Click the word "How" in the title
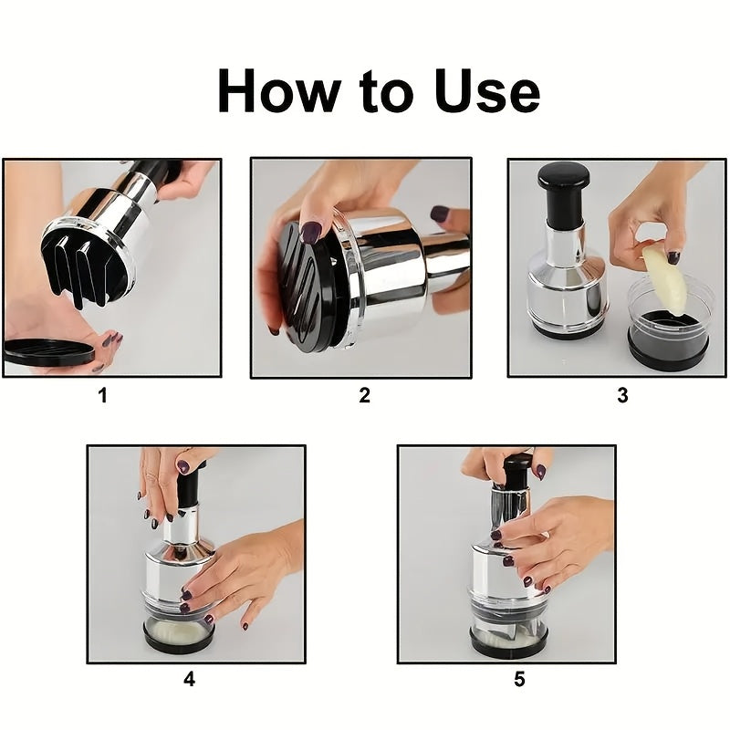tap(272, 91)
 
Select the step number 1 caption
tap(102, 395)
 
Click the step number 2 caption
tap(364, 395)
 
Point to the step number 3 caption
tap(622, 395)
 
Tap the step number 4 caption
tap(189, 680)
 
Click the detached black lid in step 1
tap(46, 349)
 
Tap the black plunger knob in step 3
tap(563, 178)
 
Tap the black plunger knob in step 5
tap(516, 470)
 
